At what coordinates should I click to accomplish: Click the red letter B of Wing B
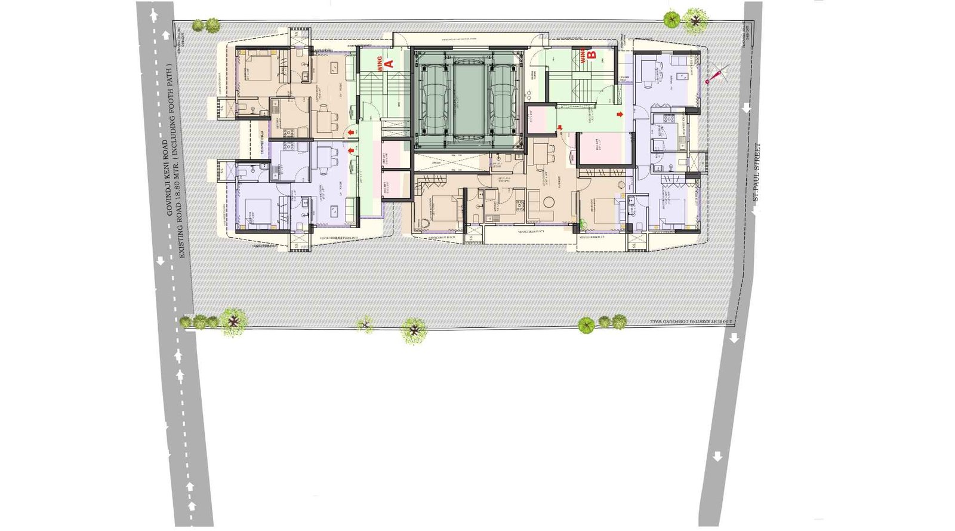592,55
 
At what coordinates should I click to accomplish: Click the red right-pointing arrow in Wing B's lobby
620,114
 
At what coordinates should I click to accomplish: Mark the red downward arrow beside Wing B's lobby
559,127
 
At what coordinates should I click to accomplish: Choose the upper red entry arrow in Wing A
350,132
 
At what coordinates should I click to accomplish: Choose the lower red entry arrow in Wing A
350,151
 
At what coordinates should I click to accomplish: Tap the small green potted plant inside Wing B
583,223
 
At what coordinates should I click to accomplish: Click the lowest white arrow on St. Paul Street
717,457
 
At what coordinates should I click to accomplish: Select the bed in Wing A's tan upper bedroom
258,67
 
